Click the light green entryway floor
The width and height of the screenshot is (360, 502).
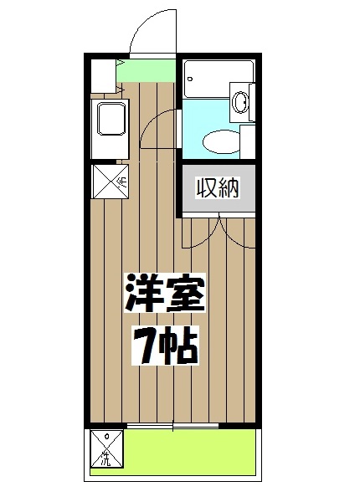coord(147,72)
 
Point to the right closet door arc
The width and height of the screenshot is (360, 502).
coord(236,233)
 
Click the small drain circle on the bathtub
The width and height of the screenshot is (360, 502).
coord(191,81)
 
